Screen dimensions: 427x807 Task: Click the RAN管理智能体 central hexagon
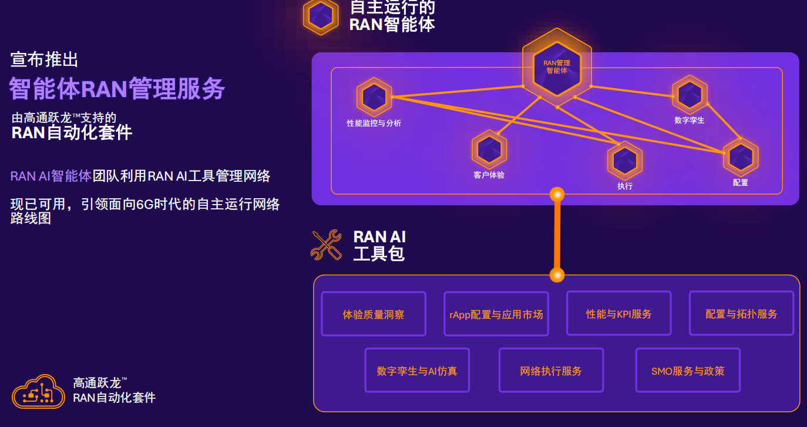[x=556, y=66]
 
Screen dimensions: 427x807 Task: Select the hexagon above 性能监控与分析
[x=374, y=96]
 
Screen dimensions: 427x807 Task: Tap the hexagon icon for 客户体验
[x=489, y=149]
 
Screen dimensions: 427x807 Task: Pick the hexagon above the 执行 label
[x=624, y=161]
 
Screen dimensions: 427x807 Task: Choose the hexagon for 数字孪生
[x=690, y=94]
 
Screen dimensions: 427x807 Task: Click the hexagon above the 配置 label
[x=741, y=157]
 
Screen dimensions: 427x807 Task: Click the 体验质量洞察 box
[x=374, y=314]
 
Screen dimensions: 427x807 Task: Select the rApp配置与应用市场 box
[x=496, y=314]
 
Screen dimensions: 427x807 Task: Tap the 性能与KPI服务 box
[x=619, y=313]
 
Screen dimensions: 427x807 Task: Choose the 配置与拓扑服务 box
[x=741, y=313]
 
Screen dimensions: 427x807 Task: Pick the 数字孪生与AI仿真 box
[x=417, y=371]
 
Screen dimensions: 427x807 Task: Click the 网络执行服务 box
[x=551, y=371]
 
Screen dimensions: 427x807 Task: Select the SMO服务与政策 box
[x=688, y=371]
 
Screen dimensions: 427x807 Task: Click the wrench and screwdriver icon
[x=326, y=245]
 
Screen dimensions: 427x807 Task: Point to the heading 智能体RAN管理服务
[x=117, y=89]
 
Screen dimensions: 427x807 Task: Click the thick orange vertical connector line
[x=557, y=235]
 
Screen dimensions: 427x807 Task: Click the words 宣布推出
[x=45, y=59]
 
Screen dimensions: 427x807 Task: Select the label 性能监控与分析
[x=374, y=124]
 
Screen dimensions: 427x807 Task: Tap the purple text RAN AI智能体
[x=51, y=176]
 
